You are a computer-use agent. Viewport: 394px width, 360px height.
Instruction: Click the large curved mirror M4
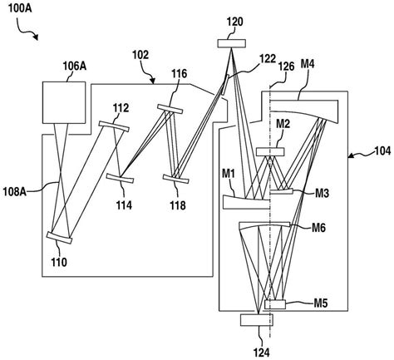pos(307,109)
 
